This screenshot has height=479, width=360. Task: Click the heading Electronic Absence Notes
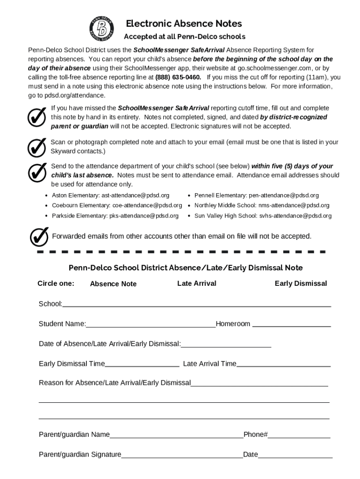point(184,23)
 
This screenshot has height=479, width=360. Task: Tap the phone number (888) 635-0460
point(178,77)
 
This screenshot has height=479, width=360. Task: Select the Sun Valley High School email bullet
point(263,216)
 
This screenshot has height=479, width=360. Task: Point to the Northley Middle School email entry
point(262,205)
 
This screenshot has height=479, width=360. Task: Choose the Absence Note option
point(113,284)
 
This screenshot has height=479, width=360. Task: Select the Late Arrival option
point(197,283)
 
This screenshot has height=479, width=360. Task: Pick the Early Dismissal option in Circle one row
point(301,283)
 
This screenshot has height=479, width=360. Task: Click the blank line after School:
point(196,304)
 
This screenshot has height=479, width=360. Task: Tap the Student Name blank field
point(151,324)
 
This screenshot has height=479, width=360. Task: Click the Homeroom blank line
point(291,324)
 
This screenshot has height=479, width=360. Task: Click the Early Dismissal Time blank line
point(142,364)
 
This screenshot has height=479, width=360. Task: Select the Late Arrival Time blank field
point(283,364)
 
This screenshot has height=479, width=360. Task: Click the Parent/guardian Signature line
point(182,455)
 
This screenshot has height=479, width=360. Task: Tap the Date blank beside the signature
point(295,455)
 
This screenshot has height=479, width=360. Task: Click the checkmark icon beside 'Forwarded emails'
point(39,237)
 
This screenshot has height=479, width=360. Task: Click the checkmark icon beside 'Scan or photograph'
point(37,147)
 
